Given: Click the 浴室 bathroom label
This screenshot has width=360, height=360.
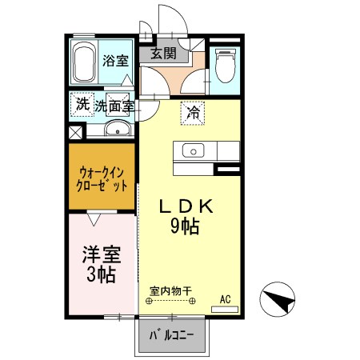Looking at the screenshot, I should click(115, 60).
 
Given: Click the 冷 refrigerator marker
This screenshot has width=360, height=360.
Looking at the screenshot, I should click(193, 113).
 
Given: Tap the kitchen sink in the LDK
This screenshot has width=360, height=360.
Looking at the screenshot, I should click(193, 150).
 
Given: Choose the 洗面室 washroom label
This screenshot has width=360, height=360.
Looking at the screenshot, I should click(114, 105).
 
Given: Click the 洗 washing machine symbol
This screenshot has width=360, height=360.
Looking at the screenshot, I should click(82, 104).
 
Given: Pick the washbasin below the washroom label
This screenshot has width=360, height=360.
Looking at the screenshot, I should click(117, 130).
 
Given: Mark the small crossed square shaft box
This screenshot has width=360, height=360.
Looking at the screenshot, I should click(74, 133).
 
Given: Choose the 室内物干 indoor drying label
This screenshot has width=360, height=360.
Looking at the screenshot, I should click(172, 292).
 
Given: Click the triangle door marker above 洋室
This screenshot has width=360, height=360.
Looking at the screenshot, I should click(93, 215).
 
